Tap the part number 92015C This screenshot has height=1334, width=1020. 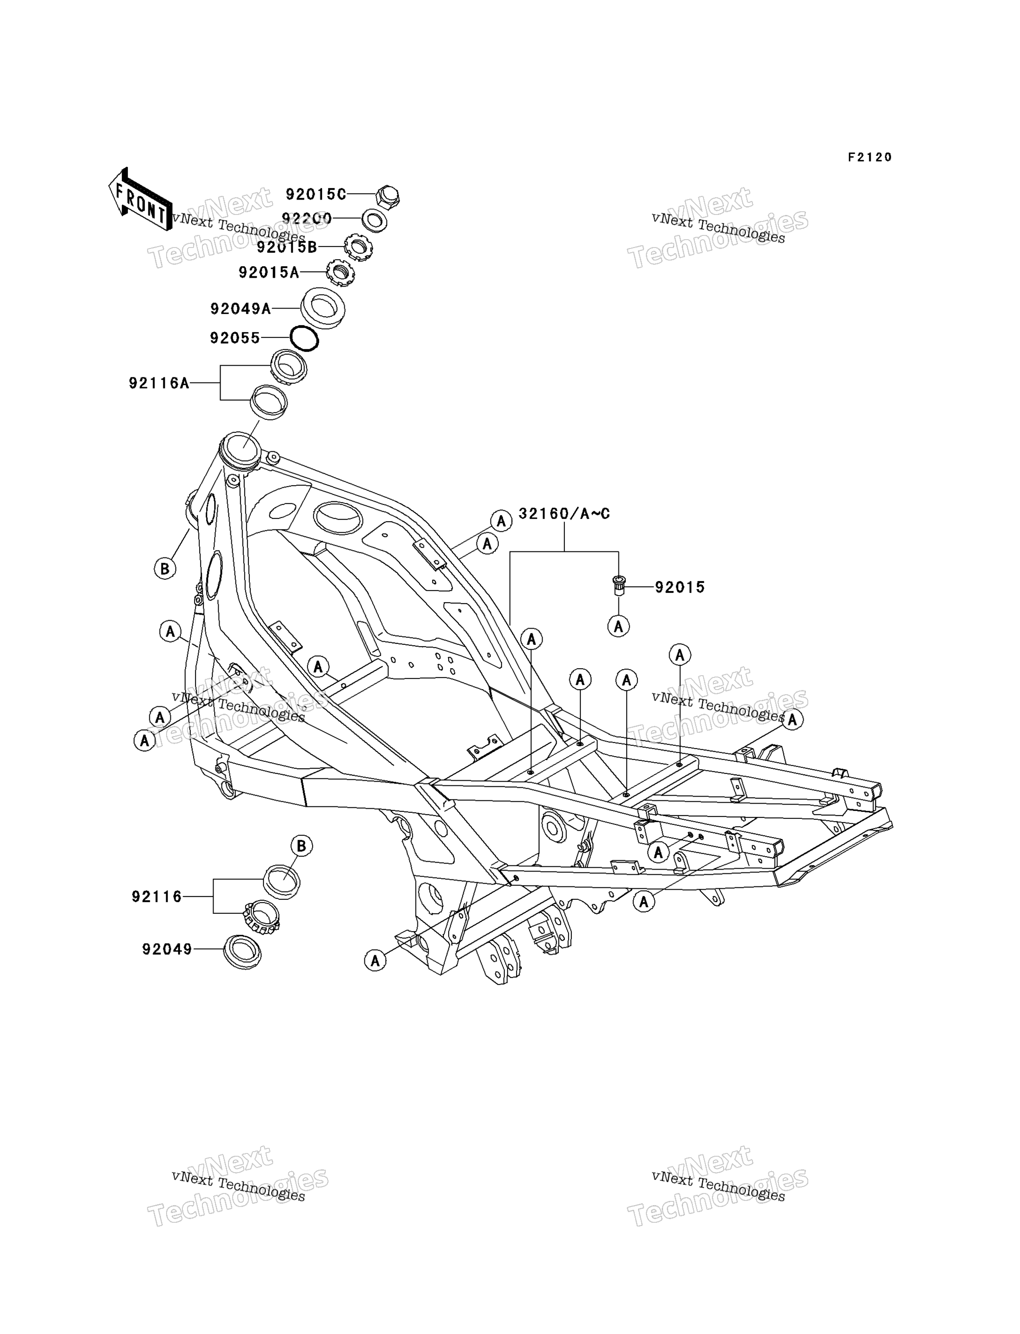[x=315, y=194]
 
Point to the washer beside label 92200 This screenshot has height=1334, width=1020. [x=375, y=221]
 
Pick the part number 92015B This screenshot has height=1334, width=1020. [x=287, y=247]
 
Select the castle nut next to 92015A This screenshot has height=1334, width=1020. [x=341, y=273]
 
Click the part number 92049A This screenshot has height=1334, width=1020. [x=241, y=308]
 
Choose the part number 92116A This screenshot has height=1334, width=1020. [x=159, y=383]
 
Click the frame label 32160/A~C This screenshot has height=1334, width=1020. [x=564, y=514]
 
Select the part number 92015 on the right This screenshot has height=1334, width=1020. [x=680, y=587]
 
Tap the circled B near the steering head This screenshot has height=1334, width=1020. [x=165, y=569]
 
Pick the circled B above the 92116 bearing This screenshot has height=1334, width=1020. [x=302, y=846]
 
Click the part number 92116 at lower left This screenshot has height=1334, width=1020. [x=157, y=896]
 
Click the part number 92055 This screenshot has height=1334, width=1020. [x=235, y=338]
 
